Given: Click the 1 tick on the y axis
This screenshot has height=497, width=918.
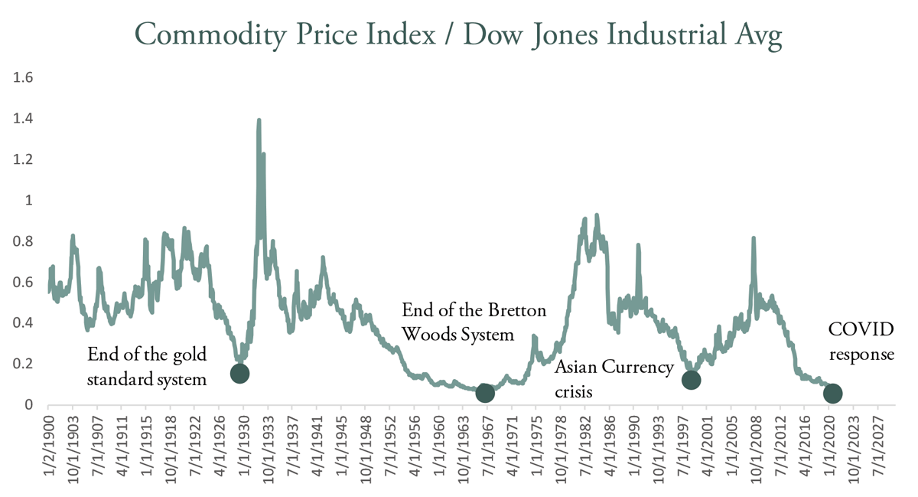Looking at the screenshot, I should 28,201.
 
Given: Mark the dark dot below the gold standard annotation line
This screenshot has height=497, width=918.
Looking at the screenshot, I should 239,373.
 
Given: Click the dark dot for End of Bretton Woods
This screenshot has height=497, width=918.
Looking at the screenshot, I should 484,393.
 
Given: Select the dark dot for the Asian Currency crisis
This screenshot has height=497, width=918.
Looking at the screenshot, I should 691,380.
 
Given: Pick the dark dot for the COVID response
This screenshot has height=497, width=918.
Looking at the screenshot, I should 832,393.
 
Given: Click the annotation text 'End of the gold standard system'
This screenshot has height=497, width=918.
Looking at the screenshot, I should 147,366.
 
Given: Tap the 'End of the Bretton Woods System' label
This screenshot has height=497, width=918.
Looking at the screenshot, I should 474,322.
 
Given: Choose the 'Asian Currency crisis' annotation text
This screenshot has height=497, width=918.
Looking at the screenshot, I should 614,378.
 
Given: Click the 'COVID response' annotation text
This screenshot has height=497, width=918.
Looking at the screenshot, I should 861,342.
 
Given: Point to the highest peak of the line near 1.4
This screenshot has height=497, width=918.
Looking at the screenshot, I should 259,120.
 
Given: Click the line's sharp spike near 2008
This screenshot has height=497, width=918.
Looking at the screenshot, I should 754,239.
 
